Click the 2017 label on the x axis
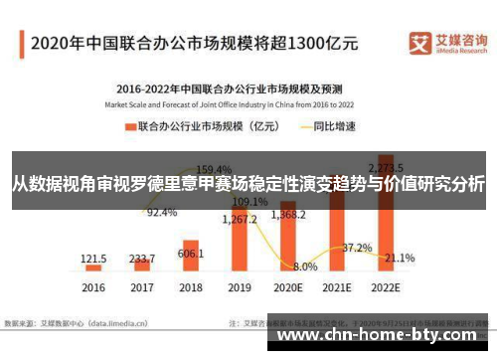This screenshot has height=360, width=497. tap(142, 287)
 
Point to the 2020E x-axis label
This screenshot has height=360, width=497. tap(287, 287)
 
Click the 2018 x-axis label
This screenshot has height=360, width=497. tap(191, 287)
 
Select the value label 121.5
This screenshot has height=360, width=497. tap(93, 258)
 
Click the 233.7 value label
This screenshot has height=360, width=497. tap(142, 257)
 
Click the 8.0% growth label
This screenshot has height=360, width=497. tap(305, 267)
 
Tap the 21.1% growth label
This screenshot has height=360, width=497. tap(400, 259)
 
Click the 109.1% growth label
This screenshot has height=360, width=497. tap(248, 201)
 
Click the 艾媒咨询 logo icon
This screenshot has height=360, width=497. tap(418, 43)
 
